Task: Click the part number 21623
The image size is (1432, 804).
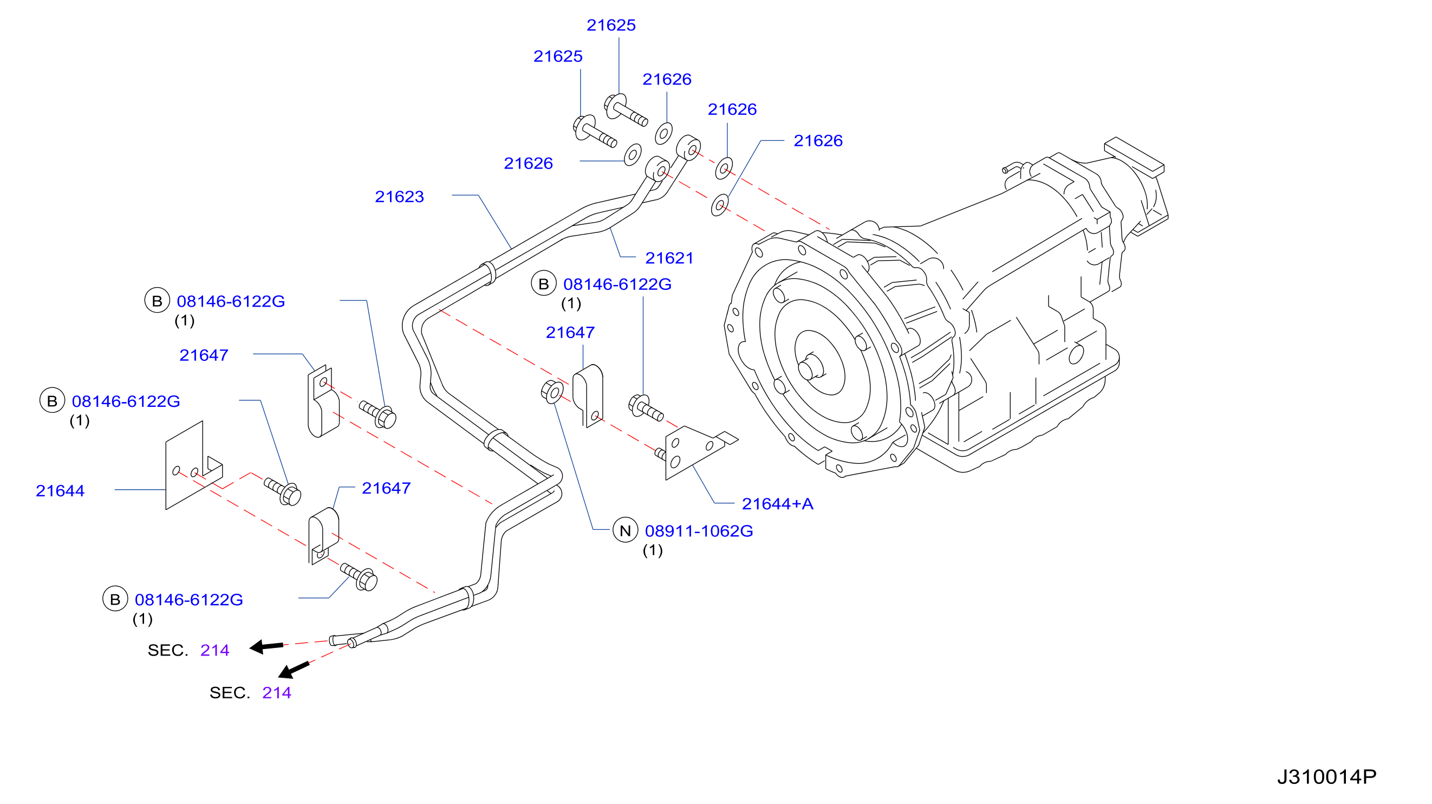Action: (399, 196)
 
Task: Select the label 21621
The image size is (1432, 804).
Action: (669, 258)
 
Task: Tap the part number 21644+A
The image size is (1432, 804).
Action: (777, 504)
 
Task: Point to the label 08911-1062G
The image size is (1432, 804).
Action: (699, 531)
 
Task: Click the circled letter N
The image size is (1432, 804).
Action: (625, 530)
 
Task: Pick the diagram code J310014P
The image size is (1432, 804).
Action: (1326, 777)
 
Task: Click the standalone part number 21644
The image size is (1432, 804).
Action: (60, 491)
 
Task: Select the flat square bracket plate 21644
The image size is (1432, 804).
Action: (193, 466)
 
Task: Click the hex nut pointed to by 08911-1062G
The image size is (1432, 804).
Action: (551, 392)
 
